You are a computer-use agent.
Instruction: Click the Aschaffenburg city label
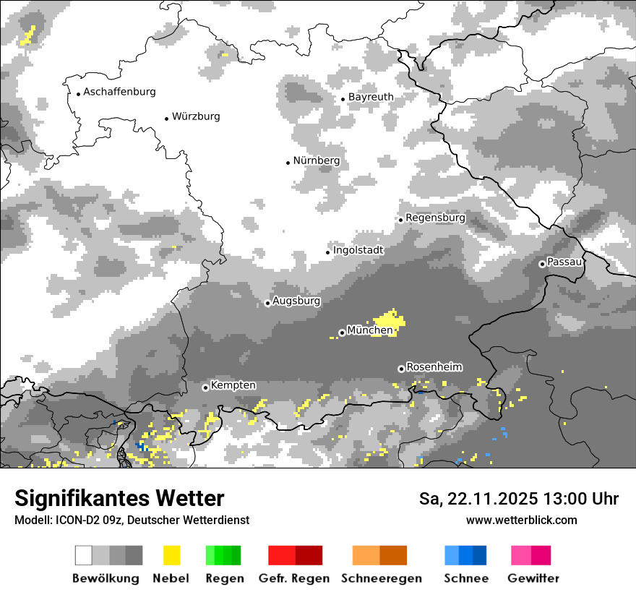119,93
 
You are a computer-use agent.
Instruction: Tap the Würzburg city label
196,116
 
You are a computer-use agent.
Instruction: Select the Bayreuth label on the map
371,97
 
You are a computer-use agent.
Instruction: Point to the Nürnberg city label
317,160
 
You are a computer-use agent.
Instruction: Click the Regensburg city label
435,218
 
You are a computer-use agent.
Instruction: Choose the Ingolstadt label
358,250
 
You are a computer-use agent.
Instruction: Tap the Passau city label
564,262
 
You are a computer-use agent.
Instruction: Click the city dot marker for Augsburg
267,303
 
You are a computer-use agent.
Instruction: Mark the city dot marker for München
342,333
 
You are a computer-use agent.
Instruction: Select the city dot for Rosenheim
401,369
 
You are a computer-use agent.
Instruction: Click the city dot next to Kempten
205,387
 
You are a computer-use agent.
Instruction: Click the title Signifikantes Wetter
119,498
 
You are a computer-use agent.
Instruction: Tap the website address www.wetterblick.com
521,520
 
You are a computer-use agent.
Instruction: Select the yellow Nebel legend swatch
171,555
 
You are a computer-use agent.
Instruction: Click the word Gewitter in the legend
533,578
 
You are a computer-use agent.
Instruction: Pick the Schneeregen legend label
382,578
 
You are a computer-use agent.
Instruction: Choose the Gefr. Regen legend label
294,578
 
